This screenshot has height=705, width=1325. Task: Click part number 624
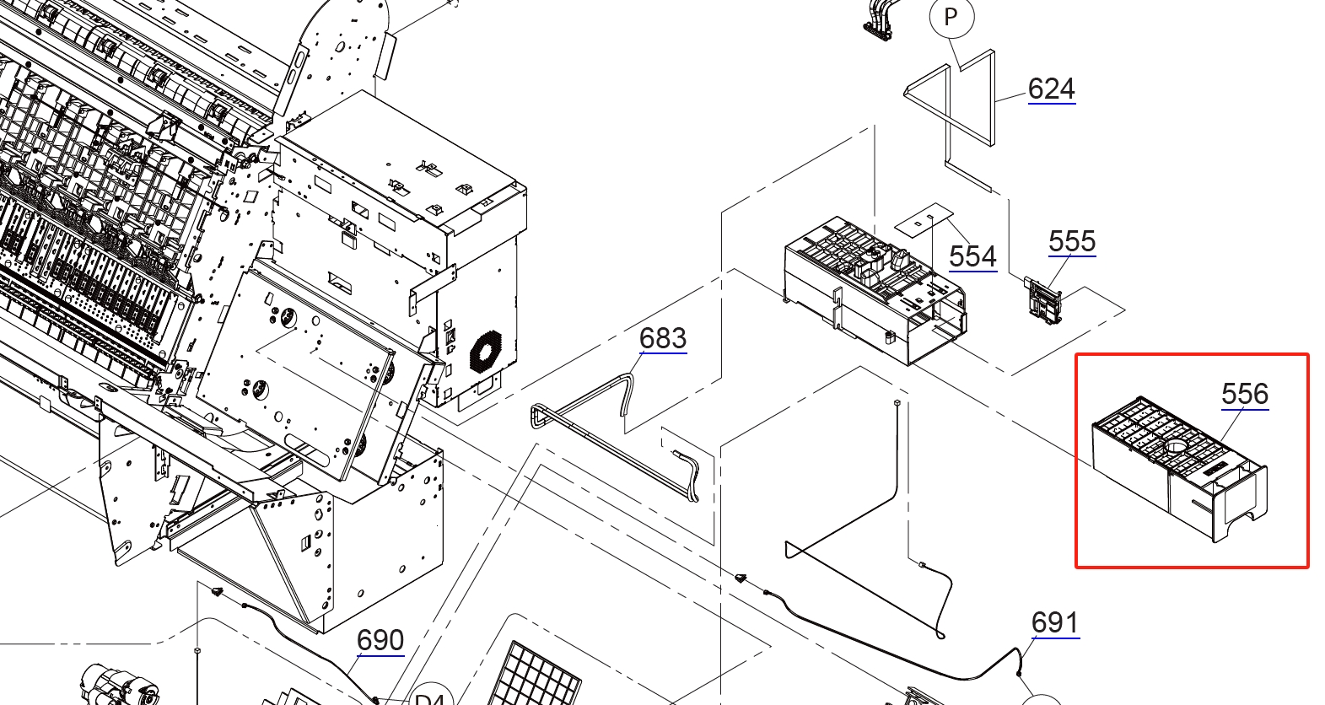coord(1051,89)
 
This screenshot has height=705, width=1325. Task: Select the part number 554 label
coord(972,256)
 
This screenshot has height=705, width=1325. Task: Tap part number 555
coord(1071,242)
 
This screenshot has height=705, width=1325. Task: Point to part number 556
coord(1244,394)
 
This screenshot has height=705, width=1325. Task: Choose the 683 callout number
coord(662,338)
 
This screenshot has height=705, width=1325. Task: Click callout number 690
coord(380,640)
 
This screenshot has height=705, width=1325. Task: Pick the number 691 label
coord(1054,623)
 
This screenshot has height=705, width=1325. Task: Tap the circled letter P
coord(951,18)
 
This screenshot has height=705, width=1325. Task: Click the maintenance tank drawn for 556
coord(1179,468)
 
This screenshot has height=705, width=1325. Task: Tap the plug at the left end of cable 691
coord(741,579)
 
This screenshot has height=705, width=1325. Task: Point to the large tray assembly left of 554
coord(873,287)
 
